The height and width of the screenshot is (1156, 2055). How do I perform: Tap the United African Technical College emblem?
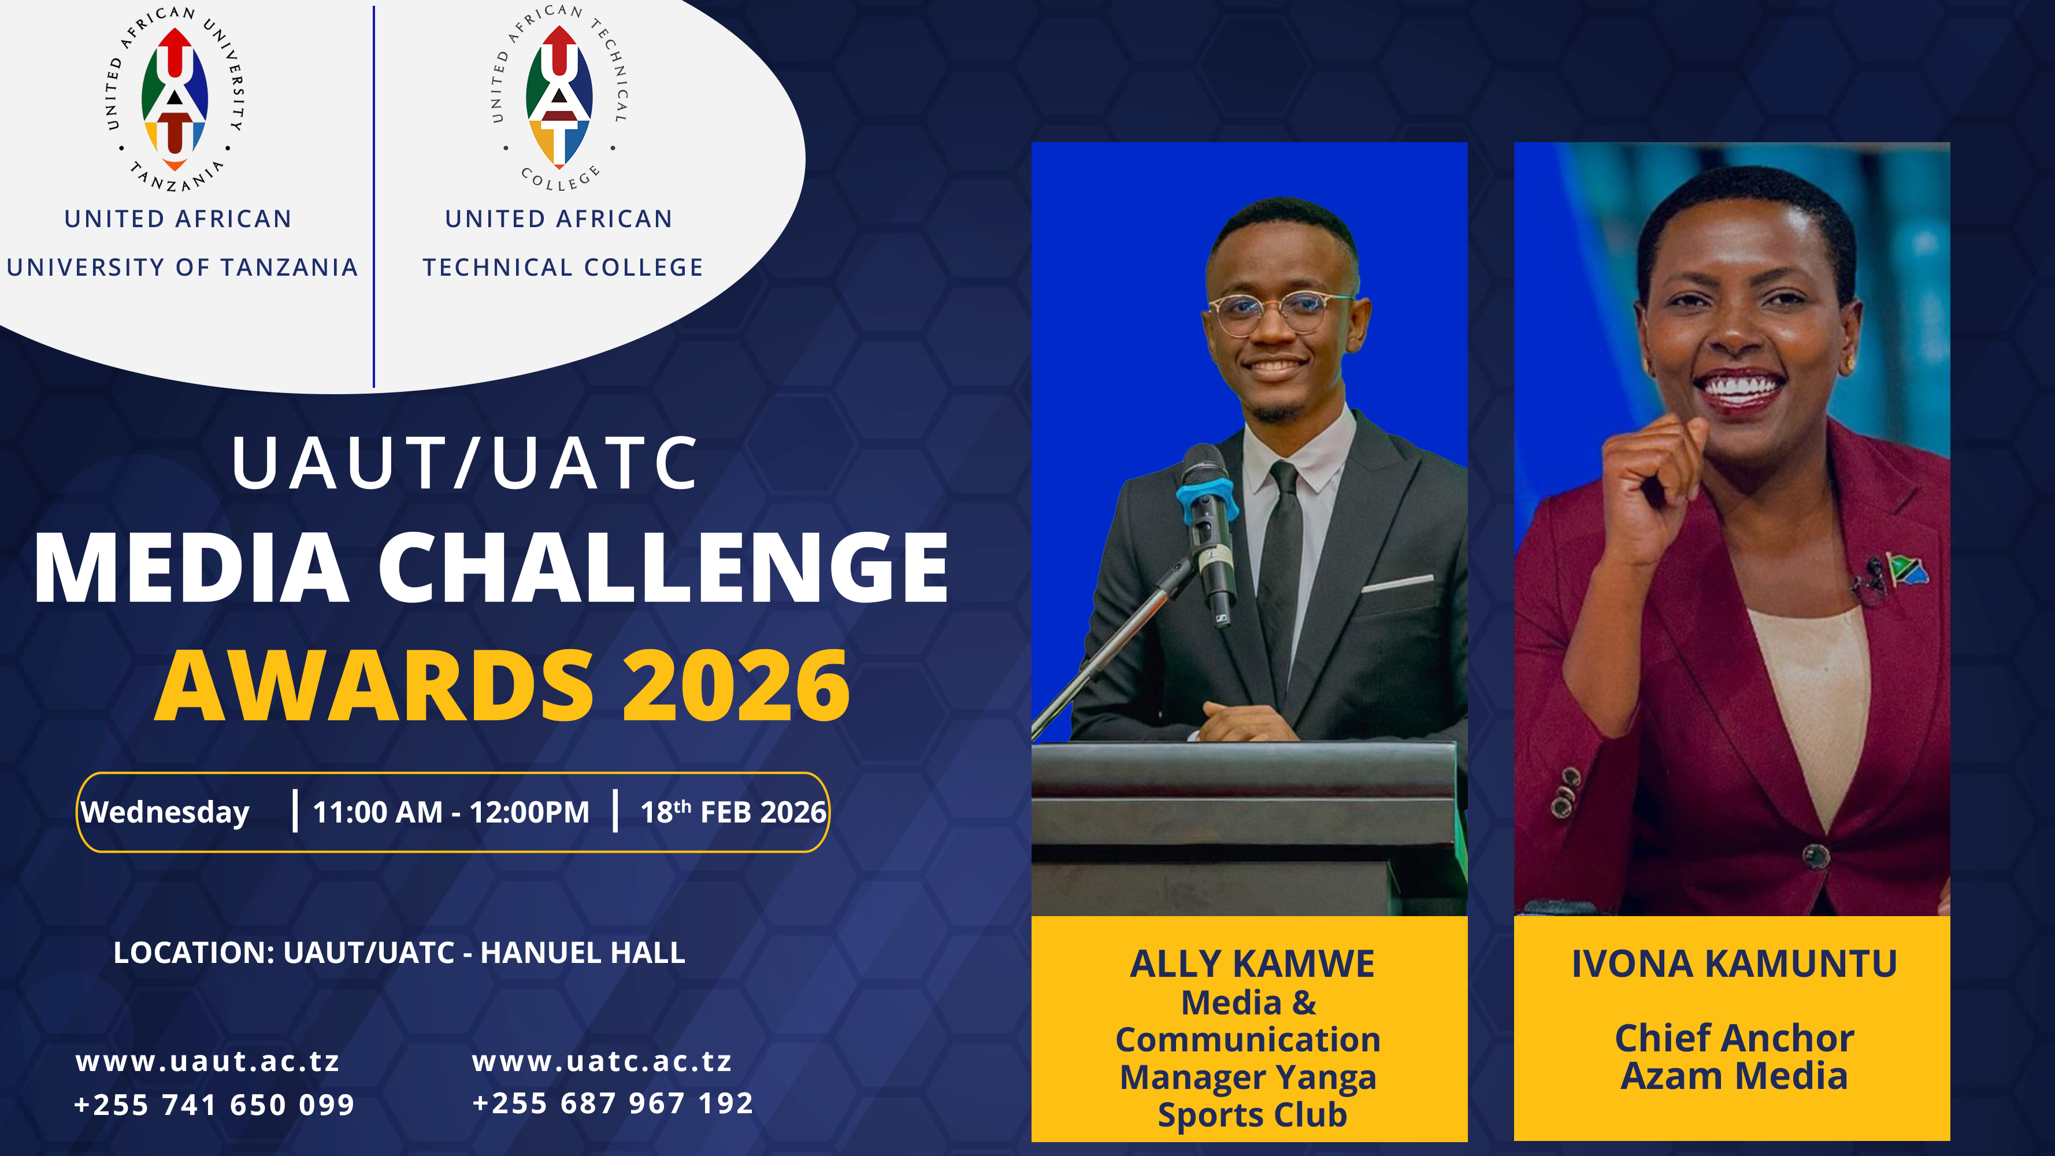(x=559, y=96)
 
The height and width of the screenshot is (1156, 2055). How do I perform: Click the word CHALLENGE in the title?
(x=662, y=568)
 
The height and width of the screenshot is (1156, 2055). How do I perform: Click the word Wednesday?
(x=165, y=812)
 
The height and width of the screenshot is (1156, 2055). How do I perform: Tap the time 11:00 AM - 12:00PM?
(x=451, y=812)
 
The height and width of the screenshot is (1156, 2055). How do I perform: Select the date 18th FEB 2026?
(x=732, y=812)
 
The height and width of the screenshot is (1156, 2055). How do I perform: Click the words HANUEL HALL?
(x=583, y=953)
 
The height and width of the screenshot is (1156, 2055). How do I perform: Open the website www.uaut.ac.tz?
(x=207, y=1062)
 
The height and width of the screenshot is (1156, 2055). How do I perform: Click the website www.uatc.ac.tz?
(x=602, y=1062)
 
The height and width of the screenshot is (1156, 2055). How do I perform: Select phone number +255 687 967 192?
(x=612, y=1103)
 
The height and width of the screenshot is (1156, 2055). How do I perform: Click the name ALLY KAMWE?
(x=1252, y=964)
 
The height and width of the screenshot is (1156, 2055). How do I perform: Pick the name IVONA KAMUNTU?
(x=1734, y=964)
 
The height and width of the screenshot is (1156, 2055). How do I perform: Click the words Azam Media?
(x=1734, y=1076)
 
